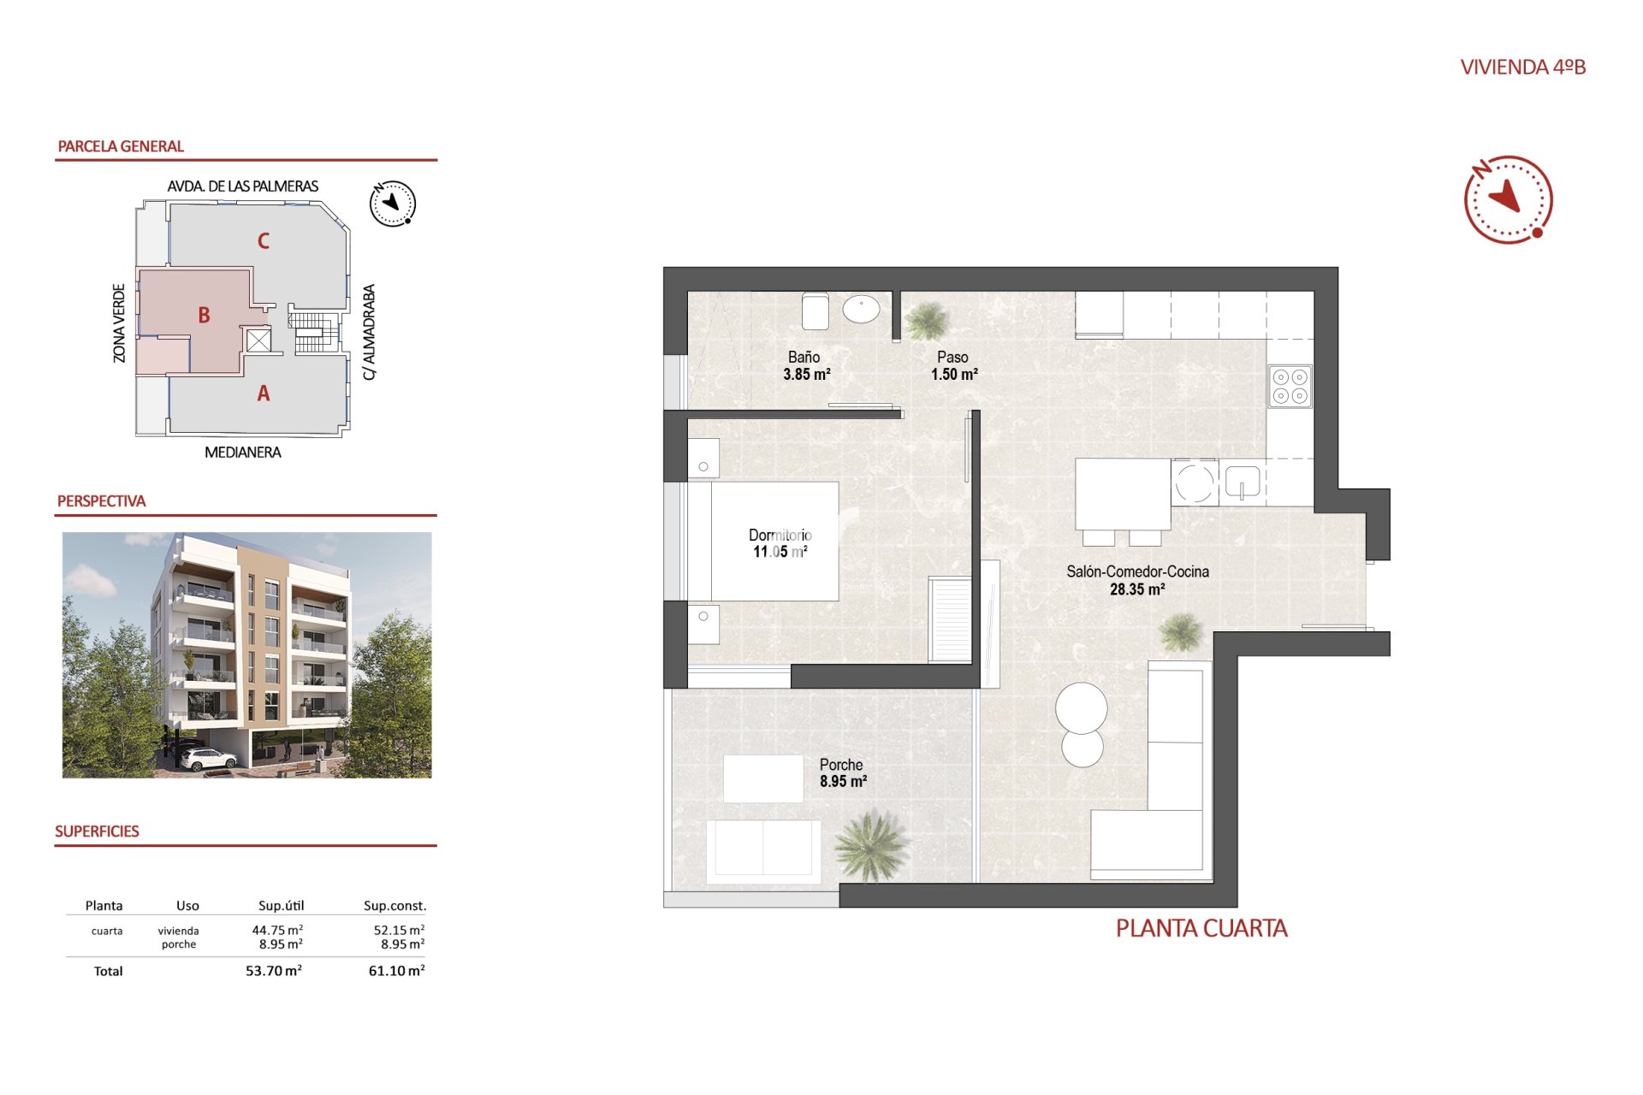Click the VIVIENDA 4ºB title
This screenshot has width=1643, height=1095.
point(1523,67)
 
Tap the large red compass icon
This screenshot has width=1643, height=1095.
point(1508,199)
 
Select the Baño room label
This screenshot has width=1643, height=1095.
point(804,357)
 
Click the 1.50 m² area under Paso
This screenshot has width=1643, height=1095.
point(954,375)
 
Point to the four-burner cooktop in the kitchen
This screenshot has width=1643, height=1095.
point(1290,386)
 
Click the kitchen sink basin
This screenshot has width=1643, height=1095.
point(1243,482)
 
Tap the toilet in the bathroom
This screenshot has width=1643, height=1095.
point(816,311)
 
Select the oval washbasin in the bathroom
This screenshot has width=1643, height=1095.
point(861,309)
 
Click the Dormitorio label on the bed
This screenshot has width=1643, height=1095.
point(780,535)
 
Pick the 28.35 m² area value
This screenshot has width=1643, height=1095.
point(1137,589)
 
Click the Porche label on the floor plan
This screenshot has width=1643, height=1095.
point(841,765)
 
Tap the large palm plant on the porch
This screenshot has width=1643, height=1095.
point(870,845)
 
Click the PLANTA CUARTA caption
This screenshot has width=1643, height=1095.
point(1201,928)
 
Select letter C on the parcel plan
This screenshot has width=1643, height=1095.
point(264,241)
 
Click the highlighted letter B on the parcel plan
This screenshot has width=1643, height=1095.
point(204,315)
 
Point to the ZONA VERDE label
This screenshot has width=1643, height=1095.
point(119,323)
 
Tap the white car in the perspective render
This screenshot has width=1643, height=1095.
point(208,759)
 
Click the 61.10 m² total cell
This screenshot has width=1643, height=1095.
point(396,971)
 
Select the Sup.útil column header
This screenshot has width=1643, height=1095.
point(281,905)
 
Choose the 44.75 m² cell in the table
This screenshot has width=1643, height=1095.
point(277,930)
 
